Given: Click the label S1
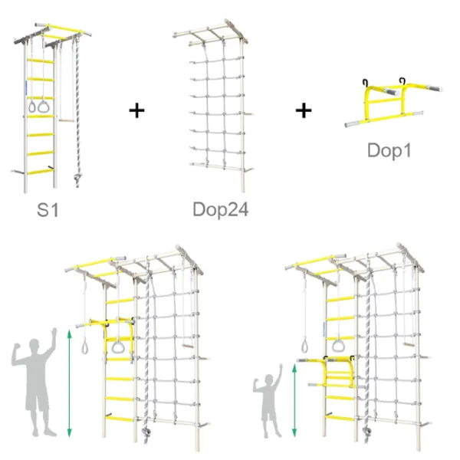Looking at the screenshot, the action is (48, 210).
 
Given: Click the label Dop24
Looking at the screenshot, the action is (221, 209).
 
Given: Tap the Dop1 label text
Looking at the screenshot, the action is (389, 150).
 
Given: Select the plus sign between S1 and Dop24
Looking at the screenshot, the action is (136, 111).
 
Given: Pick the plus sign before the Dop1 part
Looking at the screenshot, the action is (304, 111).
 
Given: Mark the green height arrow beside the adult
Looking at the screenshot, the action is (69, 383).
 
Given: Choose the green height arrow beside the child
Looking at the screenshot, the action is (294, 400).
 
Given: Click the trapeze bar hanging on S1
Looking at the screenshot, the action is (66, 120).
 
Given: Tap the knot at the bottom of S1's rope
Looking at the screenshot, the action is (77, 178).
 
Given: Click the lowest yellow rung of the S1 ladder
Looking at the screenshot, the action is (41, 172).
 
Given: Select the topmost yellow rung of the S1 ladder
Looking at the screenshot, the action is (41, 61).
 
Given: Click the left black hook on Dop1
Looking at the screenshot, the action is (365, 83).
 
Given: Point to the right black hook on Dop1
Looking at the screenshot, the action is (402, 80).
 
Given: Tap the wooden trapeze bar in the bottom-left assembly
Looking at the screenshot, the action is (188, 347).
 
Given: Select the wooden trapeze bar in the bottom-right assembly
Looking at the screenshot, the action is (409, 344).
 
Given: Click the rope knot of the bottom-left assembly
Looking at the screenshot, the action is (146, 432).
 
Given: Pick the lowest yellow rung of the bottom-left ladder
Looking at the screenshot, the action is (119, 419).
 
